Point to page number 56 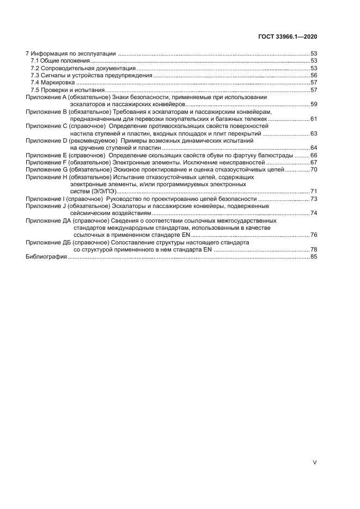point(314,75)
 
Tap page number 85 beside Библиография point(314,256)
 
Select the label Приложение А point(46,97)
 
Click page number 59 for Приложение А point(314,104)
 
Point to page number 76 point(314,235)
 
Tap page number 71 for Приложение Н point(314,191)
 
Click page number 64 point(314,148)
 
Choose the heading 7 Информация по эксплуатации point(71,53)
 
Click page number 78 point(314,249)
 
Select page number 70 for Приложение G point(314,170)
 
